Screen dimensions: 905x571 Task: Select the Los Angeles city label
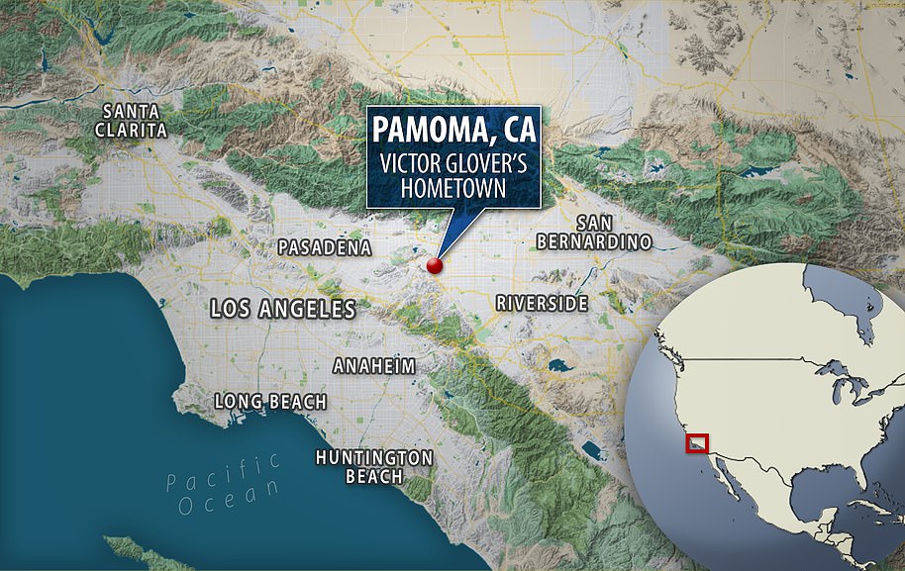(283, 309)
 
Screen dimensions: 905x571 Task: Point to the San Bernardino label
(593, 231)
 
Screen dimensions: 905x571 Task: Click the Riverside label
(542, 303)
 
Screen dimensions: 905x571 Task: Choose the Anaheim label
(374, 366)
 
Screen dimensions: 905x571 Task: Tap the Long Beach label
(271, 401)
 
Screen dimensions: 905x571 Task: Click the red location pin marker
(433, 265)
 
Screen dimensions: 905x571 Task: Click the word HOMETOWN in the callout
(451, 186)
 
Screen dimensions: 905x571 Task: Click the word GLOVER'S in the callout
(483, 160)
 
